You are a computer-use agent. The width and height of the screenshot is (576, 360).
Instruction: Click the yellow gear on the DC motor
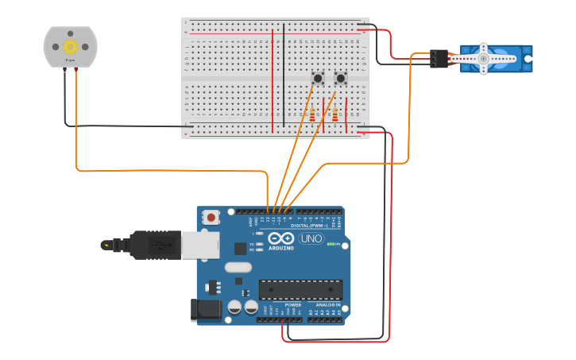(x=70, y=47)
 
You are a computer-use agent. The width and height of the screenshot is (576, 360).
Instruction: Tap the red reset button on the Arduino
(x=211, y=217)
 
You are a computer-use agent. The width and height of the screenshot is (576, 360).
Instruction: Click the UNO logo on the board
(x=311, y=238)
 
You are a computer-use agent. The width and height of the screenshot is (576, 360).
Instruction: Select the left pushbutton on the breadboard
(x=318, y=78)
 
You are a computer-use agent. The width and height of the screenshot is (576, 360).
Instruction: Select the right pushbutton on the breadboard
(x=341, y=78)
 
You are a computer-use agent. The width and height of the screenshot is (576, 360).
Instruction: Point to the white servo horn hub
(x=483, y=58)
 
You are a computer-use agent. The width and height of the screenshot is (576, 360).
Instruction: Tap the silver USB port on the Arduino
(x=200, y=245)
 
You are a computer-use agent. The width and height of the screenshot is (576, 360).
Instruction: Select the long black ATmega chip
(x=300, y=290)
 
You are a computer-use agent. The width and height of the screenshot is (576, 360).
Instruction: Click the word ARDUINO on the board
(x=281, y=248)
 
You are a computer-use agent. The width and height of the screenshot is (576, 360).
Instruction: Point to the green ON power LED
(x=331, y=244)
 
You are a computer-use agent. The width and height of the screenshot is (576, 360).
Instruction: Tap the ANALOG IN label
(x=327, y=304)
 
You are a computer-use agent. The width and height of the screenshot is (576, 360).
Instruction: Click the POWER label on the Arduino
(x=293, y=304)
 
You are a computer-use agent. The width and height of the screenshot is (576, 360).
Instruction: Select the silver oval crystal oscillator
(x=238, y=268)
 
